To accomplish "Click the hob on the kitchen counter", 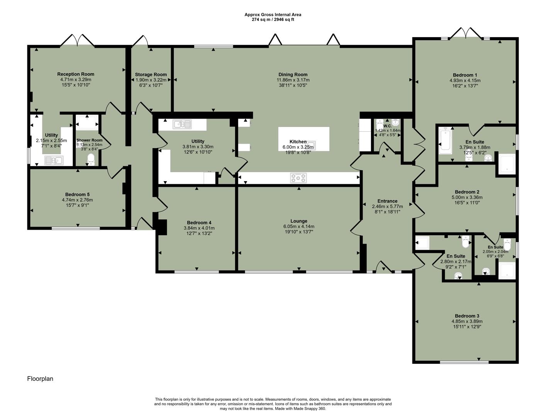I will coord(298,178).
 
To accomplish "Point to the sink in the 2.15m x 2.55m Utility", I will coord(54,160).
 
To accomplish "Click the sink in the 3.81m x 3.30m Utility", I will coord(182,124).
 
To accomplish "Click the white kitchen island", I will coord(304,139).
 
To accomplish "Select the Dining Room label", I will coord(293,75).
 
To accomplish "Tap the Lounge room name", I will coord(298,221).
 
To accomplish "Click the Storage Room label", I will coord(151,75).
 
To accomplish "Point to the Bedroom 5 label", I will coord(77,194).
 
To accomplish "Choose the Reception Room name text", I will coord(76,74).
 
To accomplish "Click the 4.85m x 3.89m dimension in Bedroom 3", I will coord(467,321).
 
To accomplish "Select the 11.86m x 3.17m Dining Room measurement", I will coord(293,80).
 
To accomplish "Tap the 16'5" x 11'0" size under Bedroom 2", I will coord(467,203).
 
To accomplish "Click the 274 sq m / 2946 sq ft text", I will coord(273,19).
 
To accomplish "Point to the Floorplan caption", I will coord(40,379).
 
